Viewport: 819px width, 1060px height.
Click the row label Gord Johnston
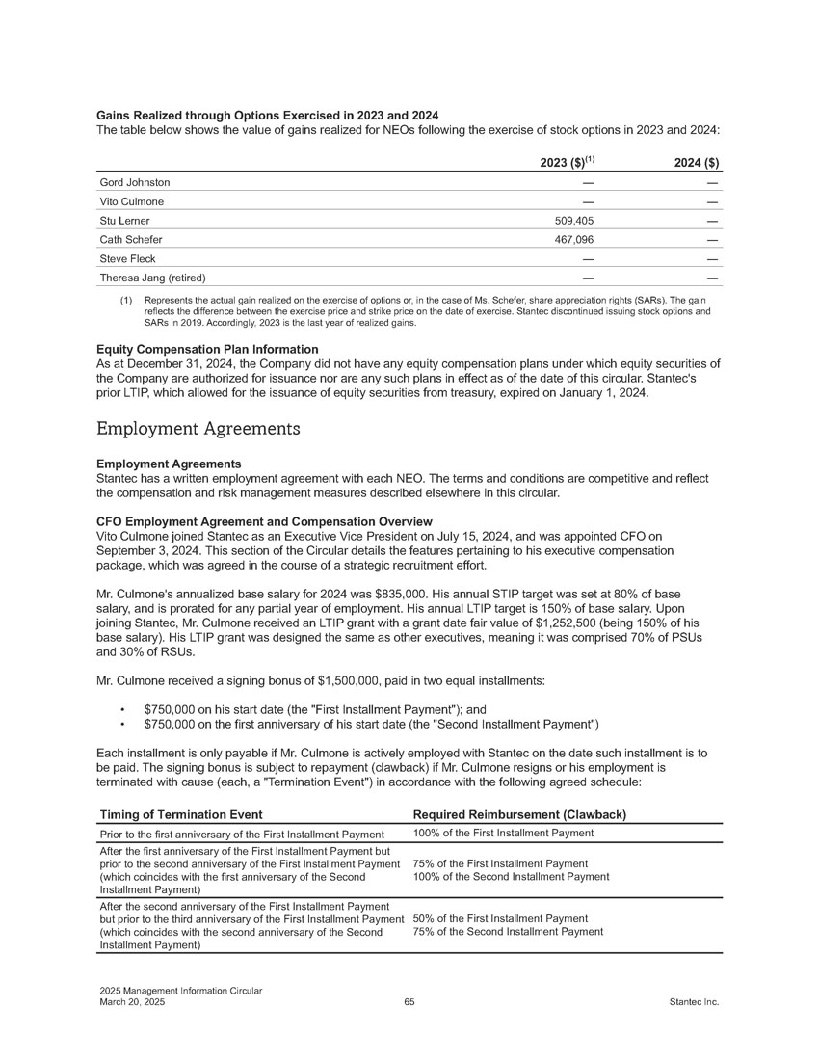(135, 182)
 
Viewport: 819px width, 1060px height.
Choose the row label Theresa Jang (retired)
(153, 278)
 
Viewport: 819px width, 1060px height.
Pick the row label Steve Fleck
(128, 259)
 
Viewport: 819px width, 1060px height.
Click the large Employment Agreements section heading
(198, 426)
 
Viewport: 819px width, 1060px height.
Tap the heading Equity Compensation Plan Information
(207, 348)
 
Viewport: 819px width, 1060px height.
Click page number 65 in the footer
(409, 1002)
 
